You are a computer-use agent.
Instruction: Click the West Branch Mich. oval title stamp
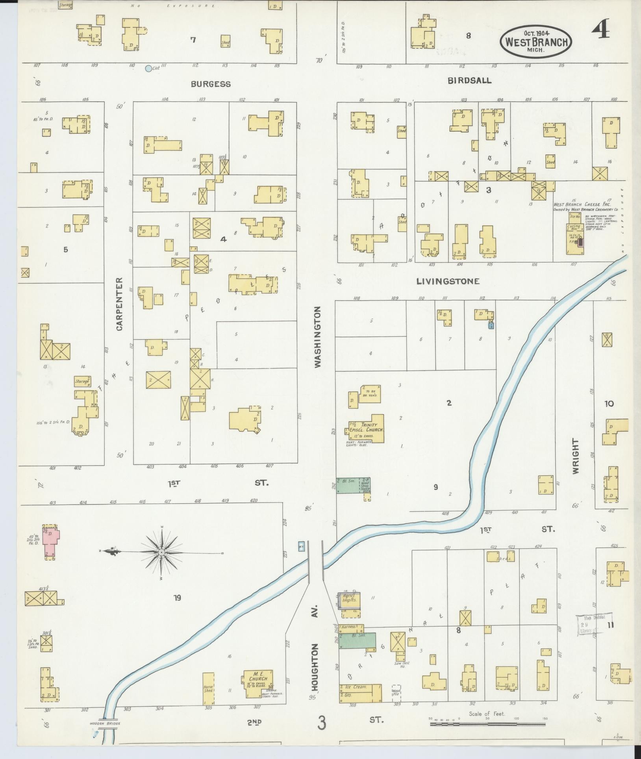(536, 41)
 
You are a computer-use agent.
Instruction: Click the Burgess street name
(211, 84)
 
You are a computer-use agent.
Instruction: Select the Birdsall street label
(469, 80)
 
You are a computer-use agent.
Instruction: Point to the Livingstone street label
(448, 281)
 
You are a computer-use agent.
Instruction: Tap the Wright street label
(576, 456)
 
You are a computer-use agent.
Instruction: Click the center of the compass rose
(161, 553)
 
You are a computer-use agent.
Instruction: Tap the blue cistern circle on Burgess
(148, 69)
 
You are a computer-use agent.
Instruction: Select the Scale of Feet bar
(487, 724)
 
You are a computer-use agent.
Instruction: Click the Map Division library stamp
(594, 624)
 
